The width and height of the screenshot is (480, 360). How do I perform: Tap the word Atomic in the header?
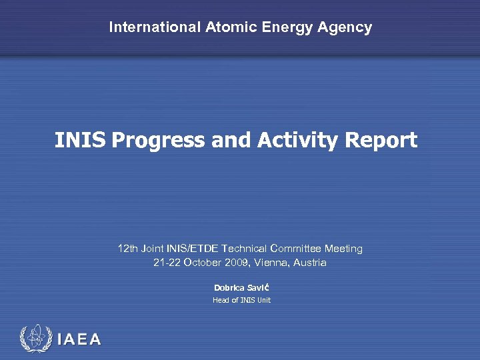click(227, 27)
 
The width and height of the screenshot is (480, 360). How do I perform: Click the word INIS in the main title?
click(80, 141)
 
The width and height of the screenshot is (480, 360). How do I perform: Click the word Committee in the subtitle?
click(297, 249)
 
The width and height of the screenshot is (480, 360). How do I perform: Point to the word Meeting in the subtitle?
click(344, 249)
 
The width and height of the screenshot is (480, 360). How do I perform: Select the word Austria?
click(310, 263)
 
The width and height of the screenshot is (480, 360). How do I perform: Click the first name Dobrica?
click(229, 287)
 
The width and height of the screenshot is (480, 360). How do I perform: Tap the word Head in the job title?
click(221, 300)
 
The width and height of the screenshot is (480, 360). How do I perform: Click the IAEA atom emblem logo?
click(35, 338)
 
